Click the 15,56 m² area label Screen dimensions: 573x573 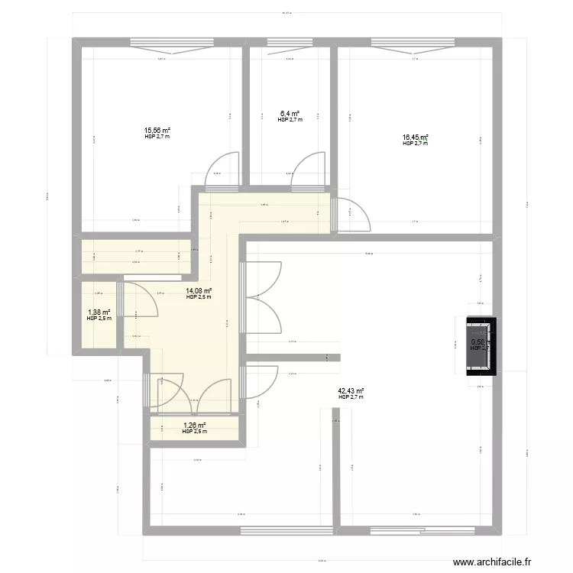tap(157, 131)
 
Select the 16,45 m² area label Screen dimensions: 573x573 tap(416, 138)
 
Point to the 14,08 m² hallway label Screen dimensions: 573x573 tap(199, 290)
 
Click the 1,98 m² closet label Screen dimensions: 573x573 tap(99, 312)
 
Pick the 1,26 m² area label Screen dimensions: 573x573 tap(194, 426)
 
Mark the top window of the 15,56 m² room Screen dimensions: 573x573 tap(159, 44)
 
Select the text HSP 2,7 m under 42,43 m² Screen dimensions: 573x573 tap(351, 397)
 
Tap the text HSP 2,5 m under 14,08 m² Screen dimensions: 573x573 tap(199, 297)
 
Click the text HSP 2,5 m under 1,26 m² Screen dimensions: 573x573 tap(194, 432)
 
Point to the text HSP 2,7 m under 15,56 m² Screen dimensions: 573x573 tap(157, 137)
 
